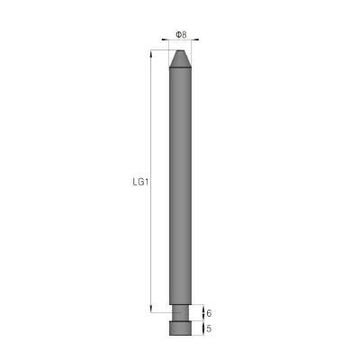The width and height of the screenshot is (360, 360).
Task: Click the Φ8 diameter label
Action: pyautogui.click(x=181, y=35)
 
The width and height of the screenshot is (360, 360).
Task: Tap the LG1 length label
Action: pyautogui.click(x=140, y=182)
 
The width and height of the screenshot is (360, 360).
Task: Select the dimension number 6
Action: pyautogui.click(x=209, y=313)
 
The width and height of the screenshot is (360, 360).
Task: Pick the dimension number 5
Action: pyautogui.click(x=209, y=328)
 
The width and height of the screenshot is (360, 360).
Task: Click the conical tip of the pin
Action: pyautogui.click(x=180, y=58)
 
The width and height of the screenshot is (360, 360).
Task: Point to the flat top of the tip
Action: pyautogui.click(x=180, y=50)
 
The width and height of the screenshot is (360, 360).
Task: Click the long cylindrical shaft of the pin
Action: pyautogui.click(x=180, y=186)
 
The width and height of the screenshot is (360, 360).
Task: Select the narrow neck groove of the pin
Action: pyautogui.click(x=180, y=312)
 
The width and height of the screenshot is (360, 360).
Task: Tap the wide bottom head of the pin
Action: pyautogui.click(x=180, y=328)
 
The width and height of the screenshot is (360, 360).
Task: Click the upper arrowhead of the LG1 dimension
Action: pyautogui.click(x=150, y=53)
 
